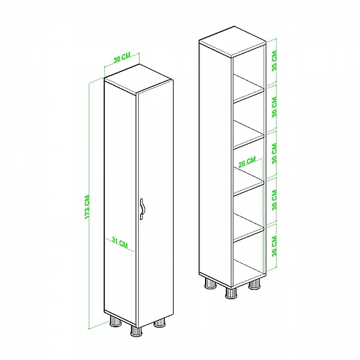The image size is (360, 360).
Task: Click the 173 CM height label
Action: (87, 207)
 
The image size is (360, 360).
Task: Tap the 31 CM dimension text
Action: (120, 243)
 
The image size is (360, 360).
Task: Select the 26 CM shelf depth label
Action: (247, 162)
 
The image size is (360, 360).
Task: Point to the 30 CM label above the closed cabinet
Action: (122, 57)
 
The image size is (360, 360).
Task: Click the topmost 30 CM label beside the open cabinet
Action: (274, 60)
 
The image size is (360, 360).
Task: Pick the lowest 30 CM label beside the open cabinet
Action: (274, 246)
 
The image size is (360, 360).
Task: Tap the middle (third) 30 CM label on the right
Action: (274, 154)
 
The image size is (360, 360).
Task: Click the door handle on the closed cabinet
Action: (142, 209)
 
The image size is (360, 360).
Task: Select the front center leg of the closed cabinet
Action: (136, 332)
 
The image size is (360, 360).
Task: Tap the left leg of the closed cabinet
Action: (116, 321)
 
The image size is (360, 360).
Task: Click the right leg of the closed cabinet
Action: (159, 323)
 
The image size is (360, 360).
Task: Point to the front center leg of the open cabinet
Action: (231, 293)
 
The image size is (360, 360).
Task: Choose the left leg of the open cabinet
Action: (210, 283)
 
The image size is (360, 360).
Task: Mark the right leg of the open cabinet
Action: (255, 285)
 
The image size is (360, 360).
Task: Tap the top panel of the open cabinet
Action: (233, 41)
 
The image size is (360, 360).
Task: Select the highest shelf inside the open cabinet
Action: (248, 89)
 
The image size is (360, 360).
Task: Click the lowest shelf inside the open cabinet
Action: (248, 228)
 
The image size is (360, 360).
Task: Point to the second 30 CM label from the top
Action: (274, 107)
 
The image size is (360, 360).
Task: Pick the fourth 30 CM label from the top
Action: (274, 200)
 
